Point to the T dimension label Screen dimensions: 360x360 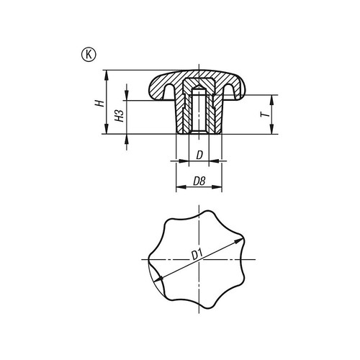[x=264, y=114]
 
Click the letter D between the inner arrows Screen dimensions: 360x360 [x=198, y=156]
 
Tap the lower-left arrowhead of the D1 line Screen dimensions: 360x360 [x=153, y=279]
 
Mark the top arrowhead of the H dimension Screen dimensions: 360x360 [x=106, y=73]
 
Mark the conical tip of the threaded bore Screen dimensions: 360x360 [x=198, y=86]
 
